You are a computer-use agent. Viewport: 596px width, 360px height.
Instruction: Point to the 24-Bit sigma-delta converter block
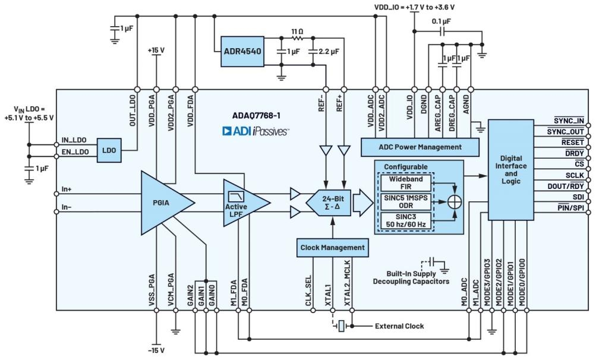click(x=328, y=202)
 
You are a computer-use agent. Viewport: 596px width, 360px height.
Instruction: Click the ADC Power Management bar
click(x=420, y=147)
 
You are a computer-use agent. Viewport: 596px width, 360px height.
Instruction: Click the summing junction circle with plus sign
click(x=455, y=202)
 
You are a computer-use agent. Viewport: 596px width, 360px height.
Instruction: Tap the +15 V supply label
click(x=156, y=51)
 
